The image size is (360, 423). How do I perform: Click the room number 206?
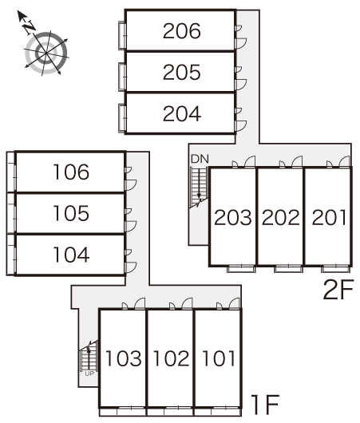[182, 31]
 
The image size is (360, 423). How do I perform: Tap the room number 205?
[182, 72]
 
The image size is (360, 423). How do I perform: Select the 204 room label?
[182, 113]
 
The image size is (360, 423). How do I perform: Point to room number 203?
[232, 217]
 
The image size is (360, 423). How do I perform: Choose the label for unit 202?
[281, 217]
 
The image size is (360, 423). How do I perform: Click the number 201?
[329, 217]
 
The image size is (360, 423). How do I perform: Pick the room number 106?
[71, 172]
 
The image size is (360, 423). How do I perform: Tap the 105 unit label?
[71, 213]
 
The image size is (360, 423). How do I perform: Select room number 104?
[71, 255]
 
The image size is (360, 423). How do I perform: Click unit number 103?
[124, 358]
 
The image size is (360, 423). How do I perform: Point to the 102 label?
[171, 358]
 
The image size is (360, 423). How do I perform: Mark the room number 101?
[219, 358]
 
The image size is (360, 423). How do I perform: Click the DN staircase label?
[200, 159]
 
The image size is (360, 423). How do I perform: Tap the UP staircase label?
[89, 374]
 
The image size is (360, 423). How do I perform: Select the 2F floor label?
[338, 290]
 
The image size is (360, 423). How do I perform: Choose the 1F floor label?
[265, 404]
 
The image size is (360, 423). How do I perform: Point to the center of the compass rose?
[46, 53]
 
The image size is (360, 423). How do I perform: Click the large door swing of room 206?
[241, 44]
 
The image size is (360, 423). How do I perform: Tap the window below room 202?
[288, 269]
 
